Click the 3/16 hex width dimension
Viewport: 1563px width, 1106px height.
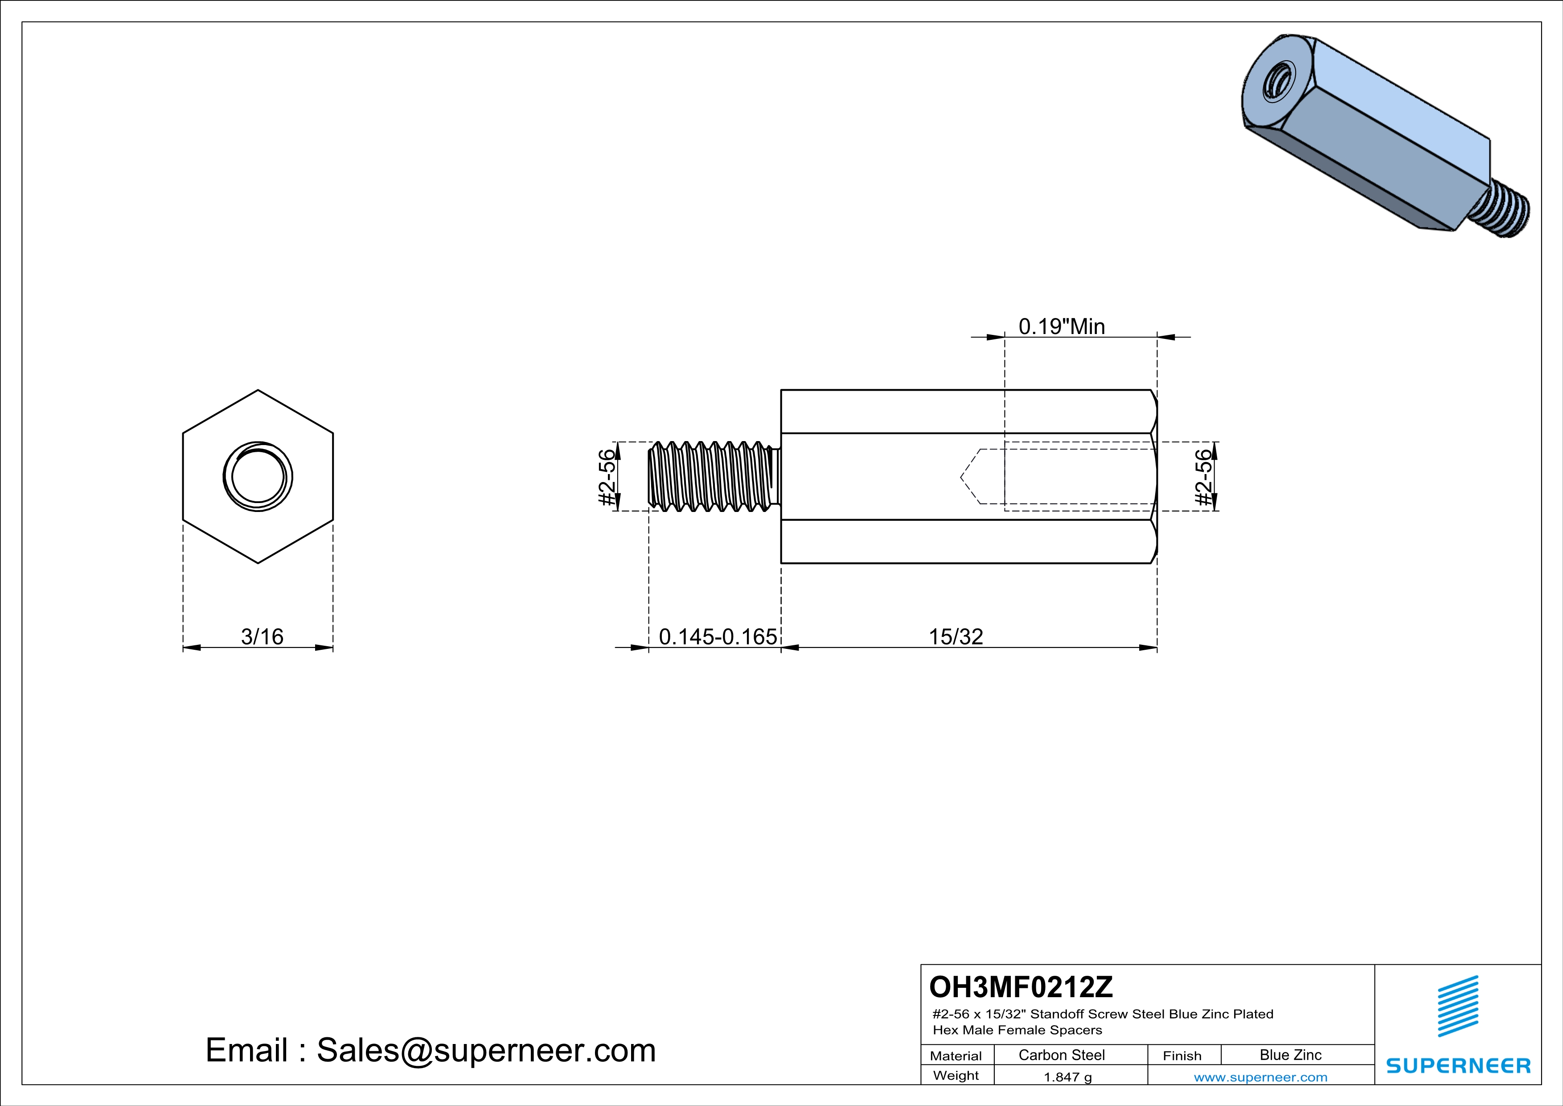coord(262,637)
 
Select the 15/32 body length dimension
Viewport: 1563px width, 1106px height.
coord(956,637)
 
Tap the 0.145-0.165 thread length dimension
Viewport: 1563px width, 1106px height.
coord(718,637)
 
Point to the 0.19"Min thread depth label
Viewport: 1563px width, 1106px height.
coord(1061,327)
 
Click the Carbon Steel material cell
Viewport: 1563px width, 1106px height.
coord(1061,1055)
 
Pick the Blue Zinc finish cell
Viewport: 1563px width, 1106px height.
coord(1290,1055)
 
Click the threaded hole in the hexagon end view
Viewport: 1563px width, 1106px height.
coord(258,477)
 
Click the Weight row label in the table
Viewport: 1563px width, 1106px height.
coord(956,1075)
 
